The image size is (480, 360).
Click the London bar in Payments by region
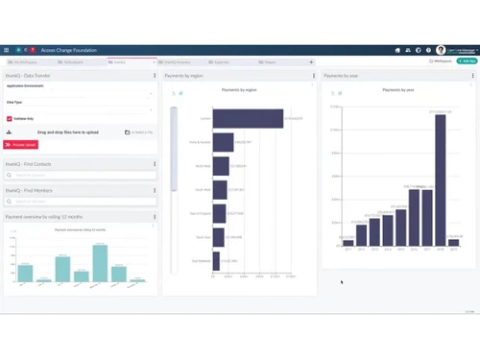(x=248, y=118)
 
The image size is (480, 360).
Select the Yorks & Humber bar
(x=223, y=142)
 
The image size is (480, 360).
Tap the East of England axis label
(x=200, y=213)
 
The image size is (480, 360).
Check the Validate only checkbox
(x=9, y=118)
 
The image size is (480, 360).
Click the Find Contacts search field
(x=77, y=176)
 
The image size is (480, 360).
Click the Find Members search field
(x=77, y=202)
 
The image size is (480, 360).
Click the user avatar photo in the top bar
(x=441, y=50)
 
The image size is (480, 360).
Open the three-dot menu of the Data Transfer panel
(x=155, y=75)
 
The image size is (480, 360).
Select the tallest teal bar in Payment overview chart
(x=100, y=263)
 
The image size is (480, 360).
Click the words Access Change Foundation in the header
(x=68, y=50)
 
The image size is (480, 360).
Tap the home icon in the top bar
(x=397, y=50)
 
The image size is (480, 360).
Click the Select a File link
(x=140, y=132)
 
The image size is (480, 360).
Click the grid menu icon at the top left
(x=7, y=50)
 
